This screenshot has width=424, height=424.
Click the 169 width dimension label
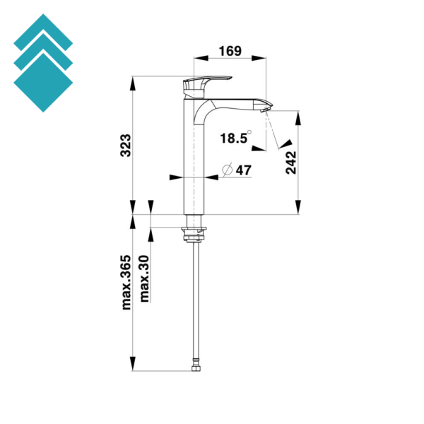[x=230, y=51]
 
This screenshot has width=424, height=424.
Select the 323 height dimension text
[x=126, y=145]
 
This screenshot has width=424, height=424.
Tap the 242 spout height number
[x=291, y=163]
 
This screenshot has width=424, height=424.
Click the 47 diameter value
[x=244, y=170]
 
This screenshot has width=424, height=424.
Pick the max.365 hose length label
[x=126, y=282]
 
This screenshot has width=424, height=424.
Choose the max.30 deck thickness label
[x=144, y=278]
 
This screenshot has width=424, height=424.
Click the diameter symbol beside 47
[x=228, y=170]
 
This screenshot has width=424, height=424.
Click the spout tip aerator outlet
[x=264, y=110]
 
